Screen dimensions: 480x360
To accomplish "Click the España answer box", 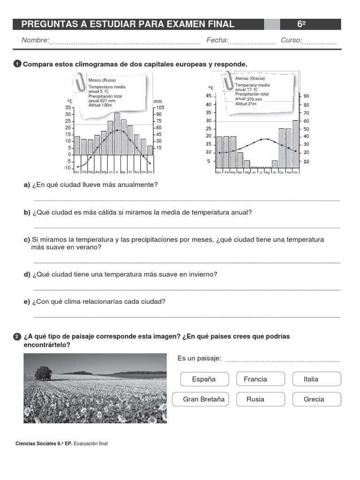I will (x=204, y=379).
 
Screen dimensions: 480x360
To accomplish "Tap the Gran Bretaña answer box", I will (x=204, y=399).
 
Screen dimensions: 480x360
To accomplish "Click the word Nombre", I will (x=35, y=40).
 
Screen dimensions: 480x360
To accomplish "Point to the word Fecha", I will (x=217, y=40).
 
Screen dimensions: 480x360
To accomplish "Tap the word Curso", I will (x=291, y=40).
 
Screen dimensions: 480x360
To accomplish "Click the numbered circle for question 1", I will (x=17, y=64).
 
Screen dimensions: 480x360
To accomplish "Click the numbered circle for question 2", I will (x=17, y=337).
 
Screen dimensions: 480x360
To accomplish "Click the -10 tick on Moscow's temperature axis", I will (x=67, y=168).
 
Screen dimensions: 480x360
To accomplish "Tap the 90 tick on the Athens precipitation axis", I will (x=306, y=96).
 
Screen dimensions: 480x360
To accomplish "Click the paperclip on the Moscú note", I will (x=78, y=83).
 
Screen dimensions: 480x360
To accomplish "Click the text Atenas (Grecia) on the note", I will (x=250, y=78).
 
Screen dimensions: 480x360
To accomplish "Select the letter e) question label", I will (x=27, y=301).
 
